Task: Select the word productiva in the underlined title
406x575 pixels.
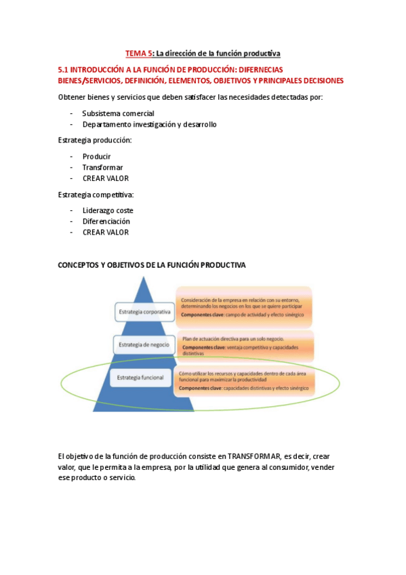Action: [258, 53]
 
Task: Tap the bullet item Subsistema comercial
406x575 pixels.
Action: [118, 113]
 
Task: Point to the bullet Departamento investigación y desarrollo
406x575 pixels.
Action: [149, 124]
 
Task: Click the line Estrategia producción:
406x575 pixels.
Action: [95, 140]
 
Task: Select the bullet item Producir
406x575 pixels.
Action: [96, 157]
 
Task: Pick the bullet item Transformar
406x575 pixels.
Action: [102, 167]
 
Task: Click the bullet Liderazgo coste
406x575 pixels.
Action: [108, 210]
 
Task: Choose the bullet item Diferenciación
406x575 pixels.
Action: [106, 221]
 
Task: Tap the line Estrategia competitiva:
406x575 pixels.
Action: [96, 195]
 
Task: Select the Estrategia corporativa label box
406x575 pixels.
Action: [144, 312]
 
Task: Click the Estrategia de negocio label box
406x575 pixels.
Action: [144, 344]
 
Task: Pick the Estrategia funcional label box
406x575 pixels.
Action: [141, 377]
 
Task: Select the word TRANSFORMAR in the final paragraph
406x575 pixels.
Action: [253, 456]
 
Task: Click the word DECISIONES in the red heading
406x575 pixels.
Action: [318, 80]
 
